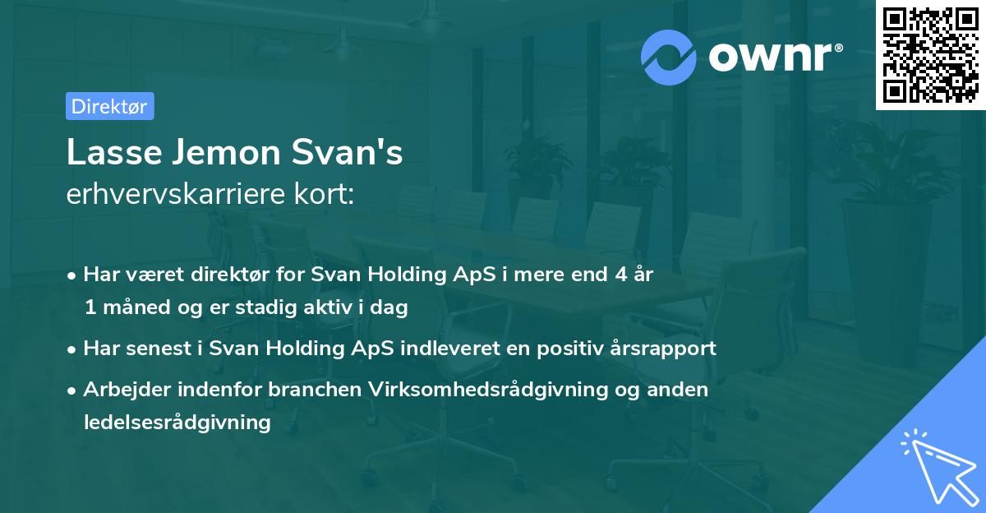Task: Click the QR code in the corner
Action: pos(930,54)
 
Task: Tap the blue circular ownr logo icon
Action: pos(669,57)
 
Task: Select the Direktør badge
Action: pos(109,106)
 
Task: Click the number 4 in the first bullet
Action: pos(608,275)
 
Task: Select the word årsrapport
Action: pos(666,349)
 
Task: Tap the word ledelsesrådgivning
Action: pos(177,423)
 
